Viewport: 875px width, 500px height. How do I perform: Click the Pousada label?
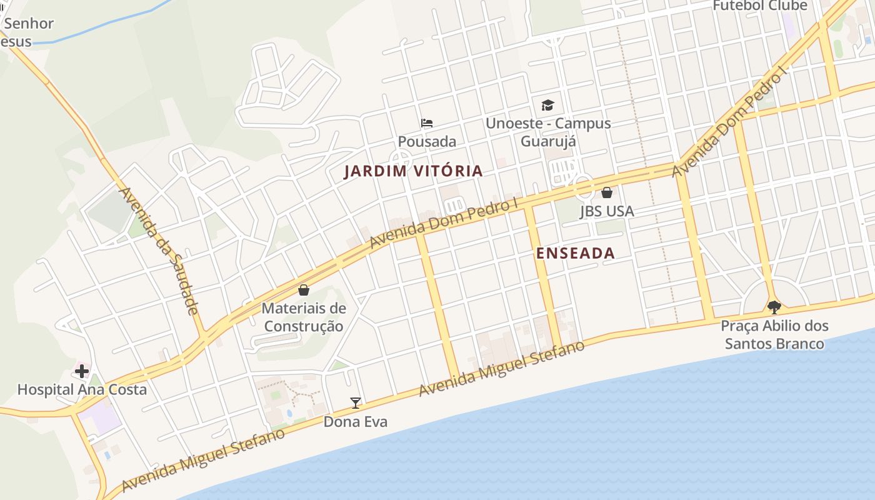(427, 142)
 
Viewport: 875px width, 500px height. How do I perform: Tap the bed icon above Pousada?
(427, 123)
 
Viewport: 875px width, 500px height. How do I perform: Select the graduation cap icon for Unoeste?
(547, 105)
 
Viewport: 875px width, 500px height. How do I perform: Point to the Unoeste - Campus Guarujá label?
(548, 132)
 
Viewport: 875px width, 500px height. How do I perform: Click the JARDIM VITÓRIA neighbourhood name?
(413, 171)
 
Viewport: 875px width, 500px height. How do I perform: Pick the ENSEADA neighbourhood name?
(576, 253)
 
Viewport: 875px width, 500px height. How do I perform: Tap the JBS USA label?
(607, 211)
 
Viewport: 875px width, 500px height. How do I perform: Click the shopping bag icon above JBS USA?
(606, 192)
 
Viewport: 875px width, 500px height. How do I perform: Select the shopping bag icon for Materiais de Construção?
(304, 290)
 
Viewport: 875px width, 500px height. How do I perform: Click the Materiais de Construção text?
(304, 317)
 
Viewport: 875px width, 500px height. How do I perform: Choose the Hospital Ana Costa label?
(82, 390)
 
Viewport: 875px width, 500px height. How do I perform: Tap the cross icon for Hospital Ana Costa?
(82, 372)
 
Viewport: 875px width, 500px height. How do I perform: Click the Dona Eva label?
(355, 422)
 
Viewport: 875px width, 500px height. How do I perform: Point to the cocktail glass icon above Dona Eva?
(356, 403)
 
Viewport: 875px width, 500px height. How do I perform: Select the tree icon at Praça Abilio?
(774, 307)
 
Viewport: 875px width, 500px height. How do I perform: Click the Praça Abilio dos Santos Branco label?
(774, 334)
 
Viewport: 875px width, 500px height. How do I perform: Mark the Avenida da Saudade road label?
(159, 251)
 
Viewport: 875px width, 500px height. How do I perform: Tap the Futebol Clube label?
(760, 6)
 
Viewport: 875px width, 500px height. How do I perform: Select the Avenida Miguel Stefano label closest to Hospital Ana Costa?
(203, 461)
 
